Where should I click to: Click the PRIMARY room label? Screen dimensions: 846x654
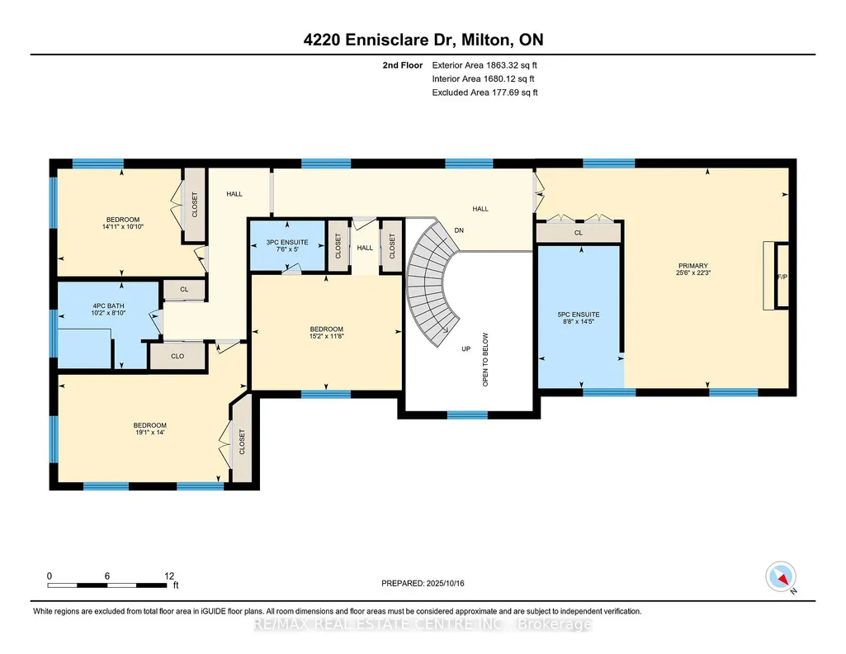(692, 266)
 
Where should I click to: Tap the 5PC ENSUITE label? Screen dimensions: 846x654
(579, 314)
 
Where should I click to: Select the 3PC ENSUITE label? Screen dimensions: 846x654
(287, 242)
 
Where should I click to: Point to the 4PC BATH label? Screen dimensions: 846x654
(108, 306)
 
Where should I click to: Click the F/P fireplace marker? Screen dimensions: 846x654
(782, 277)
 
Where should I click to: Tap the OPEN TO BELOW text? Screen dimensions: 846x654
(485, 359)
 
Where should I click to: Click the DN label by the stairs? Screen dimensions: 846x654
(459, 230)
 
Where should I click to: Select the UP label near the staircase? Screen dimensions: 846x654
(466, 348)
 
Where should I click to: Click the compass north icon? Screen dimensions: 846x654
(781, 577)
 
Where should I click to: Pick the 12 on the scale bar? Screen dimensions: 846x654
(169, 576)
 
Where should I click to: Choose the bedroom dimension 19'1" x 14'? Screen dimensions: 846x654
(149, 432)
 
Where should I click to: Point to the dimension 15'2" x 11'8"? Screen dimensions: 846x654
(326, 336)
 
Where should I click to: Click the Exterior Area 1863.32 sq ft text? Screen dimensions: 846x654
(484, 65)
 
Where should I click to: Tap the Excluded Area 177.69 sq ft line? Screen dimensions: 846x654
(485, 92)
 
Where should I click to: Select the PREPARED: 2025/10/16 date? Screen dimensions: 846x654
(423, 583)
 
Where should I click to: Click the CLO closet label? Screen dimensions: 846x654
(177, 356)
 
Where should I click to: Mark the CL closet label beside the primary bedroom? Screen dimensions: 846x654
(579, 233)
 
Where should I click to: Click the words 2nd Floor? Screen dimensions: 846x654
(403, 65)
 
